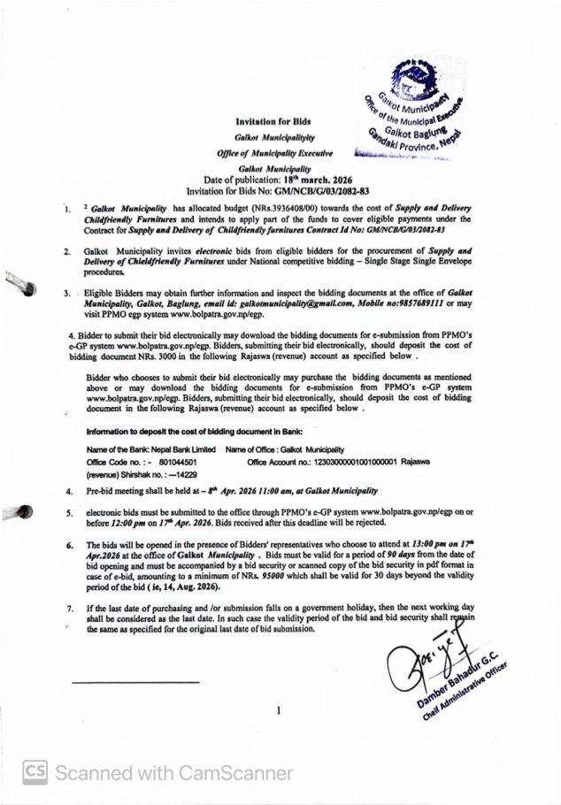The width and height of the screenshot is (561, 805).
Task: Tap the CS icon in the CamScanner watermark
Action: (x=35, y=772)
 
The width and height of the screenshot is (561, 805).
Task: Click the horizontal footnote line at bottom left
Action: (x=134, y=682)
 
